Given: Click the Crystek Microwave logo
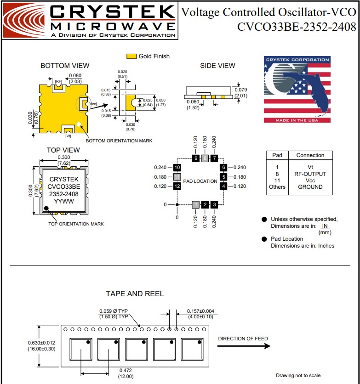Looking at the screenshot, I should (90, 21).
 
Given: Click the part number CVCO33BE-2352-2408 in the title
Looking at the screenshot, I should (297, 27).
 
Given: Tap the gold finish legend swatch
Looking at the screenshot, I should (131, 56).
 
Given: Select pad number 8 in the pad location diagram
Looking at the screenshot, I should (205, 158).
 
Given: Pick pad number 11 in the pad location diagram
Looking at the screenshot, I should (177, 177).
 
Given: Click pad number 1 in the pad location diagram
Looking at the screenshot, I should (196, 204).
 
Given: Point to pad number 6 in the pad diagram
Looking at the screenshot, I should (223, 168).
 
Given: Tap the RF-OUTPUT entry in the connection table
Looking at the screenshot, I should (310, 174).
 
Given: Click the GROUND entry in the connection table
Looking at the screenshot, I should (310, 187).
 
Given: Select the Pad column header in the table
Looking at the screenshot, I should (277, 155).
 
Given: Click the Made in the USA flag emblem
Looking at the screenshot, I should (297, 90).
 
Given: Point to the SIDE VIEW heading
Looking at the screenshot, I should (217, 66).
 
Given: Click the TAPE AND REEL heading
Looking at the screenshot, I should (135, 294).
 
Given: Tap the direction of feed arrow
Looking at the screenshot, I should (244, 346).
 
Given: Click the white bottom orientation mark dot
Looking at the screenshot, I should (79, 124).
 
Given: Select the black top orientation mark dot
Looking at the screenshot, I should (47, 208).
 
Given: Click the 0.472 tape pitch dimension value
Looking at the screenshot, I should (126, 370).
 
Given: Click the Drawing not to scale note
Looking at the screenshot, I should (297, 376).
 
